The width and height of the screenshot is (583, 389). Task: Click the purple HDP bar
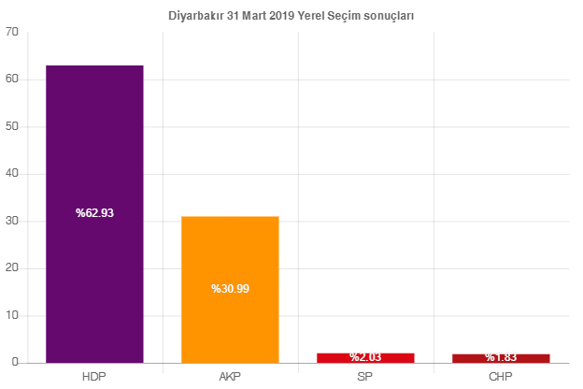coord(94,140)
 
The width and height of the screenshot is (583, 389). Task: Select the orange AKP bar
coord(230,252)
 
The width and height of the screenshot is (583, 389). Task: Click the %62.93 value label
coord(94,213)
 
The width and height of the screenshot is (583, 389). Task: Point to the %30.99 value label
coord(230,289)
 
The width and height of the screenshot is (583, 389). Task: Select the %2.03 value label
coord(365,357)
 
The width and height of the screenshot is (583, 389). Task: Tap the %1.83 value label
coord(501,357)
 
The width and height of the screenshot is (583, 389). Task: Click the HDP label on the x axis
coord(94,377)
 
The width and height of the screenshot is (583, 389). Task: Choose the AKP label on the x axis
coord(230,377)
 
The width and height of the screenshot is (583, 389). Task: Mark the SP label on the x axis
coord(365,377)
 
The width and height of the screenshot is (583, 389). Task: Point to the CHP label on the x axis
coord(501,377)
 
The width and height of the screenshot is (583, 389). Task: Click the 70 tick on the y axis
coord(12,32)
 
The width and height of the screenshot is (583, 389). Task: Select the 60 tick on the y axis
coord(12,79)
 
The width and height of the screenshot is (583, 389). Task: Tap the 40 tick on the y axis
coord(12,173)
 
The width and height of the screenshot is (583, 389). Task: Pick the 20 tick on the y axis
coord(12,267)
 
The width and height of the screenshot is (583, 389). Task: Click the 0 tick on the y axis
coord(16,362)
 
